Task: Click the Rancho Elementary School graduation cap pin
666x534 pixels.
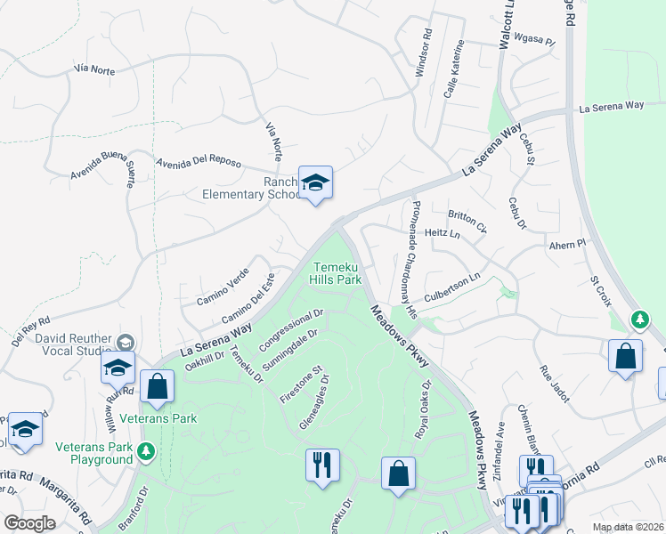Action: (314, 184)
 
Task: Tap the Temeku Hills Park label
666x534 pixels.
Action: (336, 273)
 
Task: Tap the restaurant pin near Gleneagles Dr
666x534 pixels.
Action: (322, 465)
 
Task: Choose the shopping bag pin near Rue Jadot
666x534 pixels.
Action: (625, 357)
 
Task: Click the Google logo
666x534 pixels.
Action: (30, 524)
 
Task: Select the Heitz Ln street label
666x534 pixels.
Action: (443, 234)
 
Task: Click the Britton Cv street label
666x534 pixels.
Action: (467, 222)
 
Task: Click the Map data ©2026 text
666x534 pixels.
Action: (627, 527)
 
